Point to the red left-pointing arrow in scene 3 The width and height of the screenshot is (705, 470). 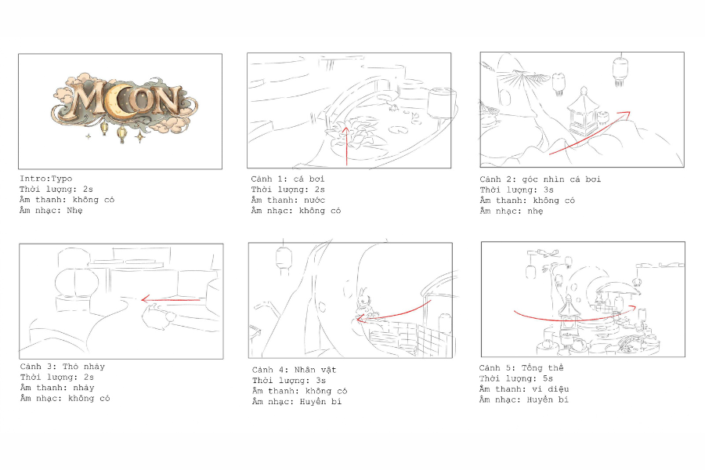tap(171, 299)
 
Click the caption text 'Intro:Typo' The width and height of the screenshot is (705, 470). tap(46, 179)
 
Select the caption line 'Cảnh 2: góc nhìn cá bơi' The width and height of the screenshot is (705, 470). tap(540, 179)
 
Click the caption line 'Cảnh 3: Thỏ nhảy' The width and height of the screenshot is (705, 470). tap(63, 367)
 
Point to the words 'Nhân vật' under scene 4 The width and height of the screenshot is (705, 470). tap(315, 370)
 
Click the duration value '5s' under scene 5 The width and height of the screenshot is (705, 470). tap(548, 378)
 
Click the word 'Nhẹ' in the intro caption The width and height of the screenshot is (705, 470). tap(74, 211)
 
